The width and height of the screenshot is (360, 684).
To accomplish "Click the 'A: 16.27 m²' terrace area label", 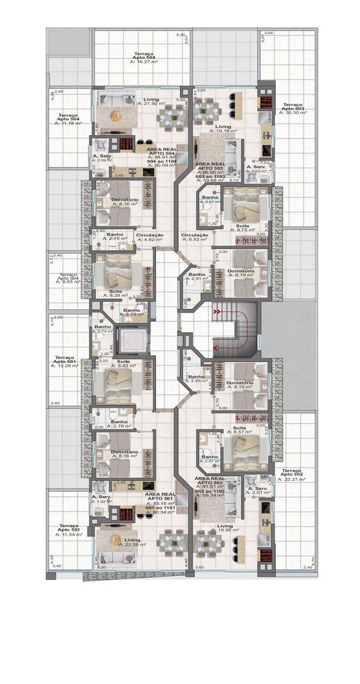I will [144, 61].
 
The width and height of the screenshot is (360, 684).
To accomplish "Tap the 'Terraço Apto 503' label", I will [291, 107].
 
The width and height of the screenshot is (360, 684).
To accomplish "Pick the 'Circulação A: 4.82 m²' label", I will [150, 237].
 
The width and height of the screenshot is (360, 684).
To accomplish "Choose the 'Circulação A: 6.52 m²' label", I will [194, 237].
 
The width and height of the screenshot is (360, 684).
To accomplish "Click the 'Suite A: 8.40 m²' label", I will [124, 364].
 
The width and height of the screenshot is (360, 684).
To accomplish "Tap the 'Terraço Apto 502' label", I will [292, 473].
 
